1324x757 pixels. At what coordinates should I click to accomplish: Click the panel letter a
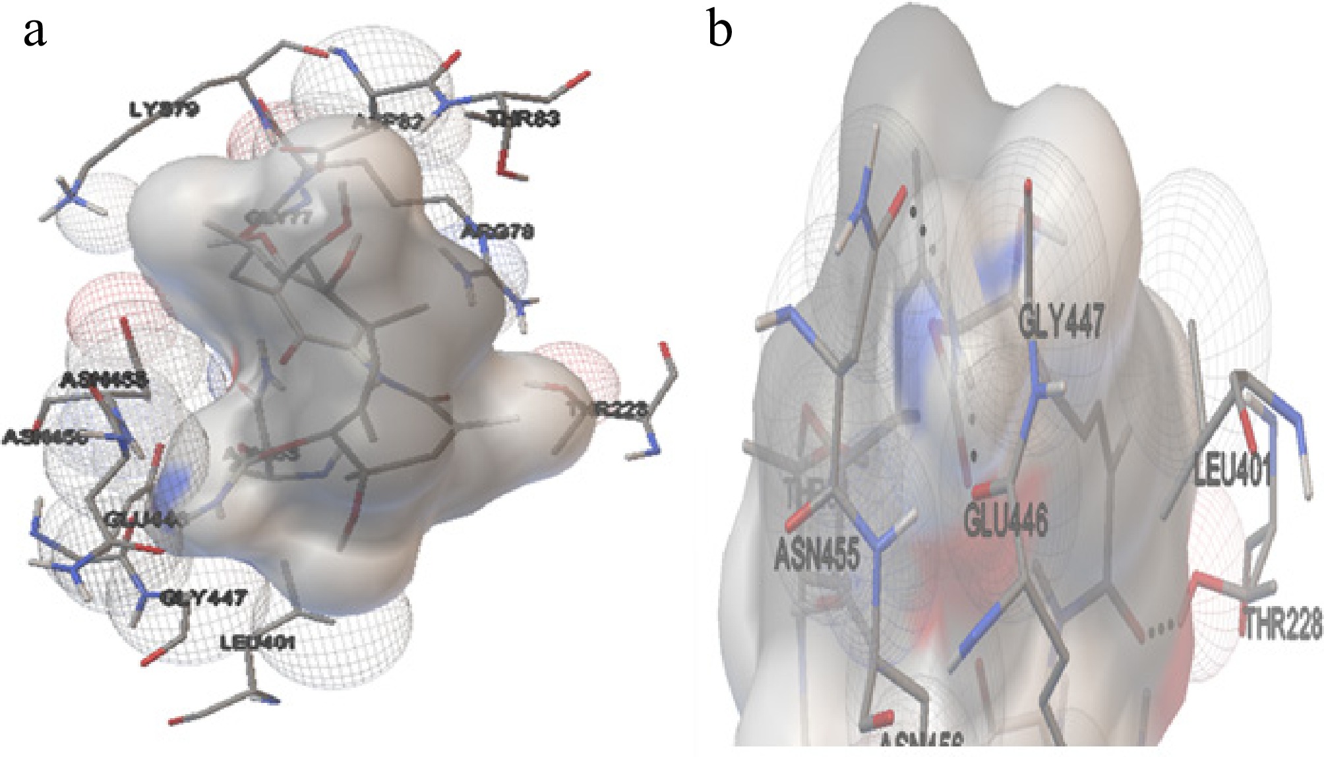[36, 33]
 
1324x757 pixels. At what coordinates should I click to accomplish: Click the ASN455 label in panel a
[105, 380]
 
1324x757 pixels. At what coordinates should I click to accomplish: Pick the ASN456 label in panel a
[46, 437]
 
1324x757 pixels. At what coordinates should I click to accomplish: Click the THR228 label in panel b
[1282, 622]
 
